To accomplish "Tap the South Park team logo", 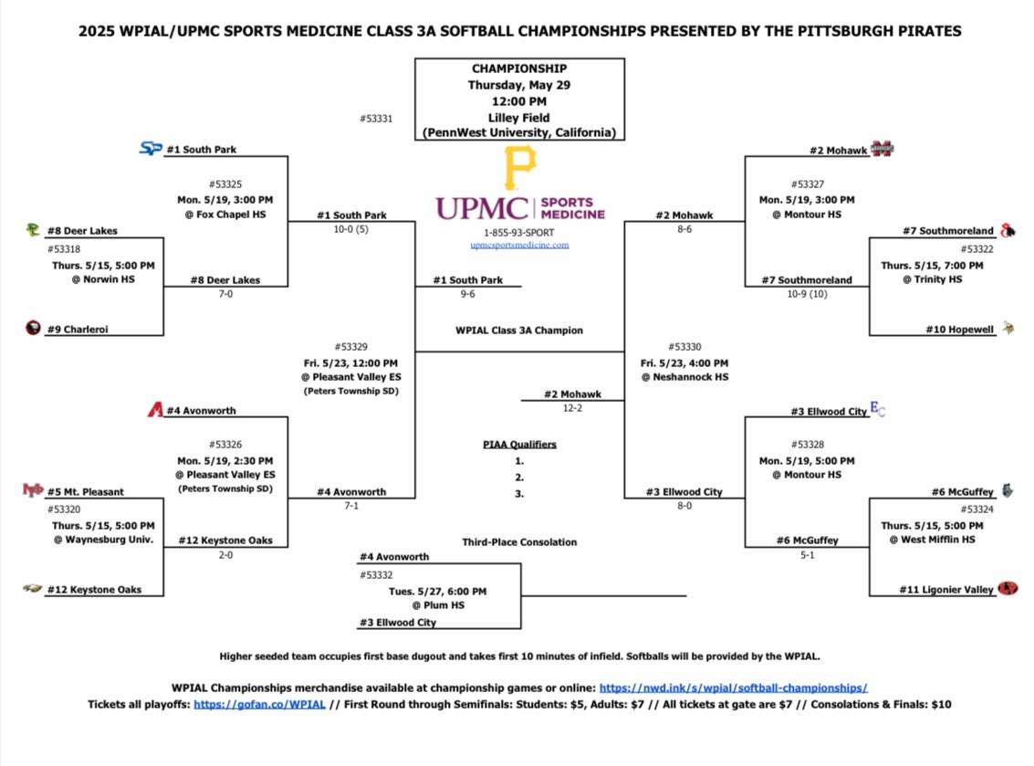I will [x=151, y=148].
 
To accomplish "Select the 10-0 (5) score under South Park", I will [x=351, y=230].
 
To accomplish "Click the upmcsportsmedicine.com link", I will [x=519, y=245].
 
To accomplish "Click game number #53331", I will [x=377, y=118].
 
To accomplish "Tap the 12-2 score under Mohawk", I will [x=571, y=408].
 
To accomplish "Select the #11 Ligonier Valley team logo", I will [x=1008, y=589].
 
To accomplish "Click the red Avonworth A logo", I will [x=154, y=411].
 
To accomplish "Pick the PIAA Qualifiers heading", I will [x=519, y=445].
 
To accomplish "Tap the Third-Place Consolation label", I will [x=519, y=542].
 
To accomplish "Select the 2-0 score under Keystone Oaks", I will [x=225, y=554].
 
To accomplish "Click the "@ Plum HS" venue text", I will [x=440, y=605].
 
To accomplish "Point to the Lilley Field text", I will [x=519, y=117].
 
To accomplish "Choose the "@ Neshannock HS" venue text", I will [x=684, y=377].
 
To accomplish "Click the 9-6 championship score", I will [x=467, y=295].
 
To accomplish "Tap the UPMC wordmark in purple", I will [x=481, y=208].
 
